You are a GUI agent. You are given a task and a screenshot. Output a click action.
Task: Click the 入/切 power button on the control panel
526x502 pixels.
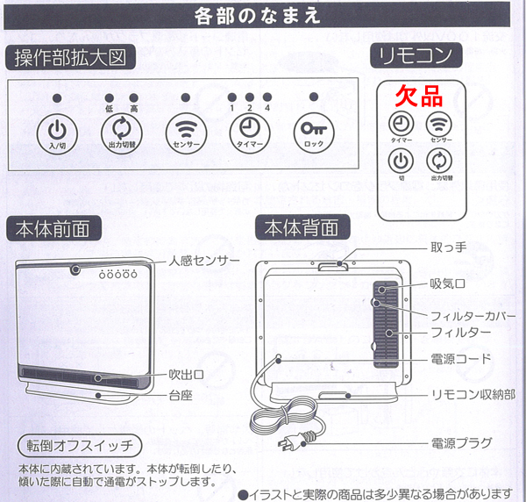click(57, 133)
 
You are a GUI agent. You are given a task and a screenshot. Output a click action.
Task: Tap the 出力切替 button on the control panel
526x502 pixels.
click(122, 133)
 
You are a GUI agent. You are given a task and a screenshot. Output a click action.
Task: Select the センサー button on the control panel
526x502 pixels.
click(186, 133)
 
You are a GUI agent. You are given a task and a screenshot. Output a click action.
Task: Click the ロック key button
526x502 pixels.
click(314, 133)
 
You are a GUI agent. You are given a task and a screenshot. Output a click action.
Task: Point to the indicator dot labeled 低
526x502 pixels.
click(110, 97)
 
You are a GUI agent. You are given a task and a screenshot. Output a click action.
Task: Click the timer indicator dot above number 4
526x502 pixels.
click(267, 97)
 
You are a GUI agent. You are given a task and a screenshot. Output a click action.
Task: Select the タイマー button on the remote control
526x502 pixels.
click(402, 124)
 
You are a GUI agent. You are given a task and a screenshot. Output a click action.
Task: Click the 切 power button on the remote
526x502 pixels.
click(402, 161)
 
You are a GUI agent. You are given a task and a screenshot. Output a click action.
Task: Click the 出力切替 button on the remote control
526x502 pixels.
click(439, 161)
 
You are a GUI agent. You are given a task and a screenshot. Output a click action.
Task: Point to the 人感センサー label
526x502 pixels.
click(204, 261)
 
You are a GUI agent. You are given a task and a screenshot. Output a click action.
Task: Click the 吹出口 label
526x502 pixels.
click(187, 375)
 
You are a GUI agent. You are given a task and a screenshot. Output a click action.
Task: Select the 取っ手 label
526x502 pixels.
click(448, 247)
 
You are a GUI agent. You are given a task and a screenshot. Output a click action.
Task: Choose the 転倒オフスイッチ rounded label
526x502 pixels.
click(80, 446)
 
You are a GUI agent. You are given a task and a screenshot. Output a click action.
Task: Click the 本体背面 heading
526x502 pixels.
click(302, 228)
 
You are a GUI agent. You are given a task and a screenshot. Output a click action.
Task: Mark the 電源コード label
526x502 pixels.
click(461, 359)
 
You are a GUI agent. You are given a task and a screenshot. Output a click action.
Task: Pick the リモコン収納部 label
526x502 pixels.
click(473, 395)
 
